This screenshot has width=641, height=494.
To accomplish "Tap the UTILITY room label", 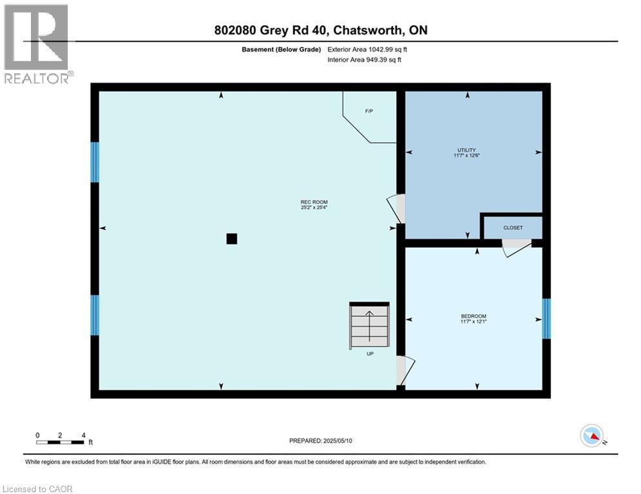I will (466, 150).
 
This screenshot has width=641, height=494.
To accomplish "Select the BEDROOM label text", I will (474, 316).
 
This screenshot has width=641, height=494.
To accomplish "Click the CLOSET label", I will (513, 228).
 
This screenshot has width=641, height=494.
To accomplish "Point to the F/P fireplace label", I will (369, 111).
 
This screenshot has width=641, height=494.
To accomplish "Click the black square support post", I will (232, 239).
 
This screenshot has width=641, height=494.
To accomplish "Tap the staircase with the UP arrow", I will (370, 325).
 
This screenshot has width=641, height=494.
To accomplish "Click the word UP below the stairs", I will (370, 354).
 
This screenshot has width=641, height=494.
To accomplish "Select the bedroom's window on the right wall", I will (546, 318).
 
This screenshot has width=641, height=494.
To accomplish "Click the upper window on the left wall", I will (95, 162).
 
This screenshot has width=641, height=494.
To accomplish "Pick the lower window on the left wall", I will (95, 315).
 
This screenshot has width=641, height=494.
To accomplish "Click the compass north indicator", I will (592, 435).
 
